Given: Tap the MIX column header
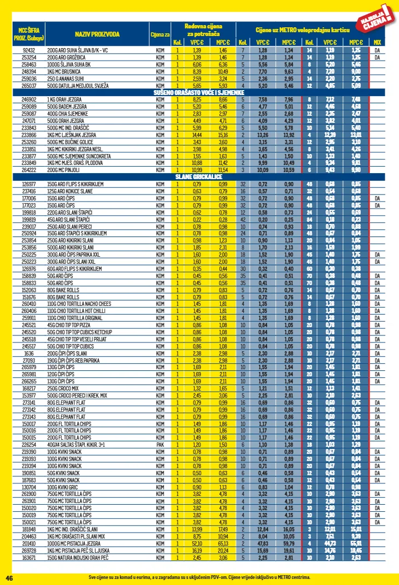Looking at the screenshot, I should [377, 42].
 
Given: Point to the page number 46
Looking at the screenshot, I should [9, 577].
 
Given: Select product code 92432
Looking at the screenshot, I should [29, 50].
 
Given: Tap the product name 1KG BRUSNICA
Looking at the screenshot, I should [64, 72].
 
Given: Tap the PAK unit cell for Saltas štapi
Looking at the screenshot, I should [160, 444].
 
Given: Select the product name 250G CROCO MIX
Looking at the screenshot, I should [63, 388].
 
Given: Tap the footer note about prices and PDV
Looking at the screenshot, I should [199, 577].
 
